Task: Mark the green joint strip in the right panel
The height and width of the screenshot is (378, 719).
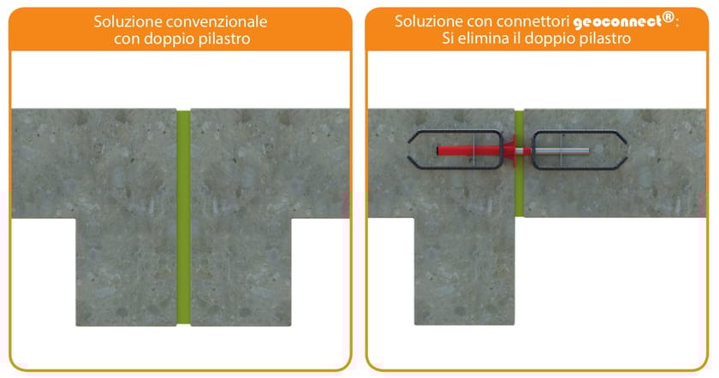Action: (519, 188)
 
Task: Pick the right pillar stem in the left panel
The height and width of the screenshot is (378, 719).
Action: (240, 274)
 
